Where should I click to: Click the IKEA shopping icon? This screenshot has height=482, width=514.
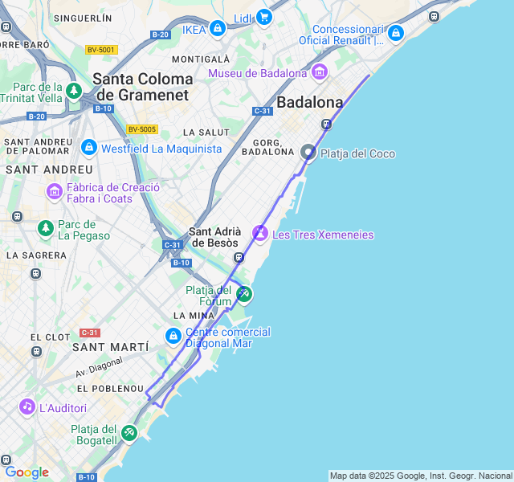217,30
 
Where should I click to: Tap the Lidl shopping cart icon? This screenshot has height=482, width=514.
264,17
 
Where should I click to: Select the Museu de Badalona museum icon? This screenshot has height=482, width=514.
320,73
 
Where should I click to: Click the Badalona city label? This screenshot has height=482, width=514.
309,102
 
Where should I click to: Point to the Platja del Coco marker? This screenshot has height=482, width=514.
308,152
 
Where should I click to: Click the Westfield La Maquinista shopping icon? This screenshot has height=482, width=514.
88,148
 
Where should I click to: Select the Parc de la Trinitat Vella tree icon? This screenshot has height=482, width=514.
74,91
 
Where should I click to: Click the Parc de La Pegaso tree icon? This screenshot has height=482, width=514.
46,230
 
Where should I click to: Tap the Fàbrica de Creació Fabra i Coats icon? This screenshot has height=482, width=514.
55,192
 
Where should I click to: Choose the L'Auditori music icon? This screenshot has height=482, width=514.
27,407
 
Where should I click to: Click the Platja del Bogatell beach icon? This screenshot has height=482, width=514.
129,434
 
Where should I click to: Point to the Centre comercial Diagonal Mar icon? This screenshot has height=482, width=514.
173,337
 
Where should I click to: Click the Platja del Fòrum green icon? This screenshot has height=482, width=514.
243,294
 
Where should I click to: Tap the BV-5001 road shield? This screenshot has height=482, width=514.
101,50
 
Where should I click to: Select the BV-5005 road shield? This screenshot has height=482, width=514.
142,129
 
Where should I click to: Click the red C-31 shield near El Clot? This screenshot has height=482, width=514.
89,333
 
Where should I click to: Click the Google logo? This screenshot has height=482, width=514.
27,472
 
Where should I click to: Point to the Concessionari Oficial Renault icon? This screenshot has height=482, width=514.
394,34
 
